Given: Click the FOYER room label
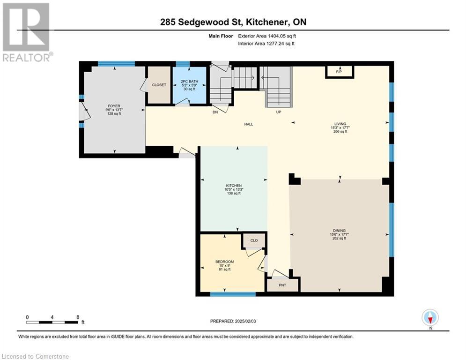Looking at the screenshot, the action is click(x=114, y=106).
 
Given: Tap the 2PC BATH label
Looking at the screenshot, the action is click(x=189, y=81).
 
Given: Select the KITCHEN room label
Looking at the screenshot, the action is click(x=234, y=186).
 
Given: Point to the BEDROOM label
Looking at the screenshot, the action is click(x=224, y=262).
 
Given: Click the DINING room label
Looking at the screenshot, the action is click(x=339, y=230).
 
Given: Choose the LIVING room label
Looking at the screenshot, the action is click(x=340, y=124).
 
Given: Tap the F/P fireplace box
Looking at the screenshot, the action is click(x=340, y=72).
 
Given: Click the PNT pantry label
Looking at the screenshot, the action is click(x=282, y=285).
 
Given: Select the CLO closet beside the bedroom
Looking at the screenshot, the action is click(x=254, y=240).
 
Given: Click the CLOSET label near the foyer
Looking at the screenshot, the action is click(x=159, y=85).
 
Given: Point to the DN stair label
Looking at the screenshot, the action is click(x=215, y=112).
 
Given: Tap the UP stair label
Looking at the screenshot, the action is click(x=279, y=112).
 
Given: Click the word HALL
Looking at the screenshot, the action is click(x=249, y=124).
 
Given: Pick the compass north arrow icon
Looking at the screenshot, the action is click(x=430, y=317).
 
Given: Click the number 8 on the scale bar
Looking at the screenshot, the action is click(x=78, y=317).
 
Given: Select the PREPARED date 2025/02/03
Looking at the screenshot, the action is click(x=245, y=321).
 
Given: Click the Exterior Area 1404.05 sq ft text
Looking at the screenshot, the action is click(x=267, y=36).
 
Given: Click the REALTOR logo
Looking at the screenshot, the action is click(x=27, y=32).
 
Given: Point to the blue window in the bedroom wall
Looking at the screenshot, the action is click(x=233, y=294).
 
